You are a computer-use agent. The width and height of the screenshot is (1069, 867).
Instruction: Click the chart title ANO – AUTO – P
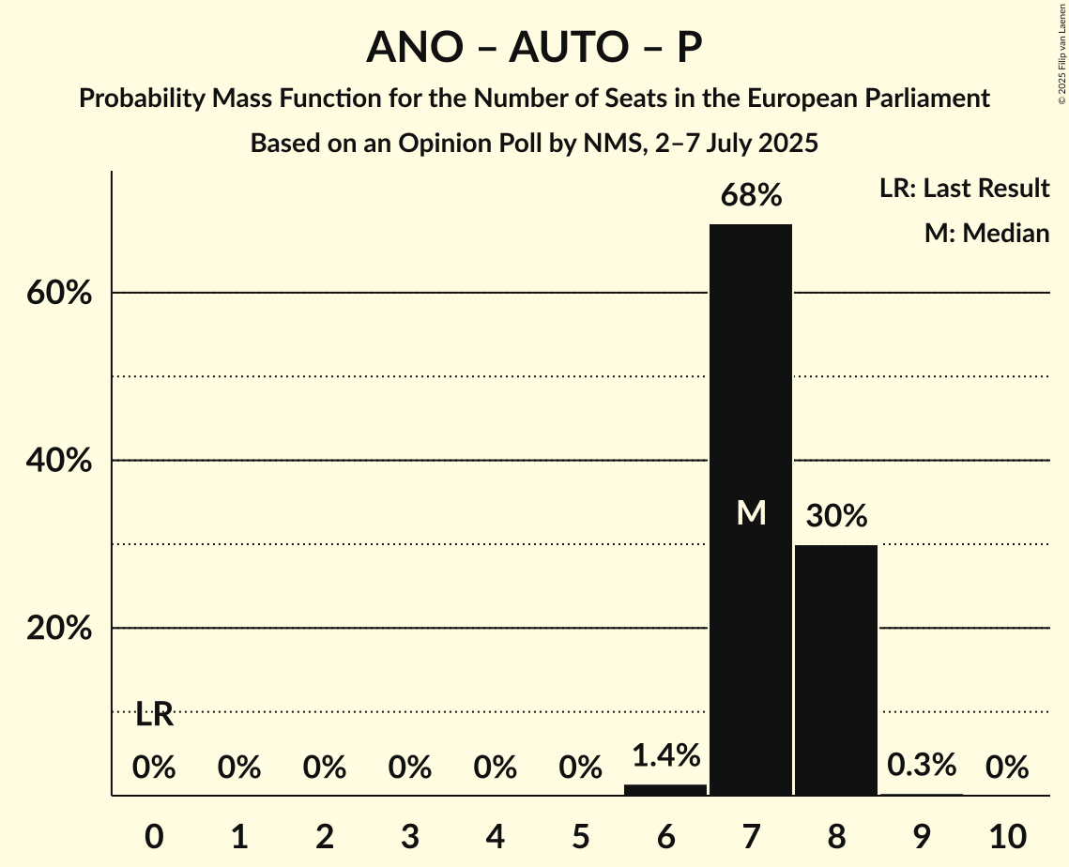pyautogui.click(x=534, y=47)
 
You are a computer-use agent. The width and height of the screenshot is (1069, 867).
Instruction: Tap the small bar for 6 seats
pyautogui.click(x=664, y=789)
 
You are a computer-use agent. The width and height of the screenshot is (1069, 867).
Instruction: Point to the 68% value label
pyautogui.click(x=750, y=196)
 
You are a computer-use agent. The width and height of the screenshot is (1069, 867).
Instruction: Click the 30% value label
pyautogui.click(x=835, y=516)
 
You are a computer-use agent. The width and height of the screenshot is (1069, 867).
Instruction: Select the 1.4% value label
pyautogui.click(x=664, y=755)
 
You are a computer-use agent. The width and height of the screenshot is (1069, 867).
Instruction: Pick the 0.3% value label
pyautogui.click(x=921, y=765)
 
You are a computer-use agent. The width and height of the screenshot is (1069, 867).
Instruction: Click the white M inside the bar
pyautogui.click(x=751, y=512)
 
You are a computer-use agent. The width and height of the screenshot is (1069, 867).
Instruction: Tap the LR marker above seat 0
pyautogui.click(x=154, y=715)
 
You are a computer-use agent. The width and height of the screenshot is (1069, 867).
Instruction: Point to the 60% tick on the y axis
pyautogui.click(x=58, y=294)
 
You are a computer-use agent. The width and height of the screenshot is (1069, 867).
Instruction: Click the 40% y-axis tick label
pyautogui.click(x=58, y=462)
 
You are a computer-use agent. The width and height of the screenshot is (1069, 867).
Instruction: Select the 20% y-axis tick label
pyautogui.click(x=58, y=629)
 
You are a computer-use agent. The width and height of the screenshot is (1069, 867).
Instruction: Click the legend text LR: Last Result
pyautogui.click(x=964, y=189)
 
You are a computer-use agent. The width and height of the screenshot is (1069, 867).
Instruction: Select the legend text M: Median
pyautogui.click(x=986, y=233)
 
